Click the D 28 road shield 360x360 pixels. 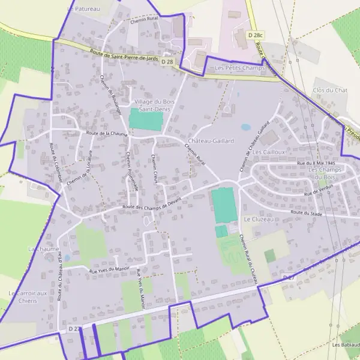(167, 62)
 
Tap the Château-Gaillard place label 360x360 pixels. (211, 140)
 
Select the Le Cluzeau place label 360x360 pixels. (259, 220)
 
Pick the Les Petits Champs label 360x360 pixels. (239, 68)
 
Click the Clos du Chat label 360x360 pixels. (330, 90)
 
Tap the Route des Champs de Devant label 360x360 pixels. (152, 205)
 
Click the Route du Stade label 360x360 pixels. (307, 212)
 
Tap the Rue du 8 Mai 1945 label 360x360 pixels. (316, 163)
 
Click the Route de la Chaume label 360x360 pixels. (107, 134)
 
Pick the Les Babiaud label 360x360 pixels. (346, 345)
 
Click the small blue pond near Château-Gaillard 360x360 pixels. (245, 127)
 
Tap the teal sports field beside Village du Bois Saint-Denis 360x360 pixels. (146, 119)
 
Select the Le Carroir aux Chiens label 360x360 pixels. (28, 296)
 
